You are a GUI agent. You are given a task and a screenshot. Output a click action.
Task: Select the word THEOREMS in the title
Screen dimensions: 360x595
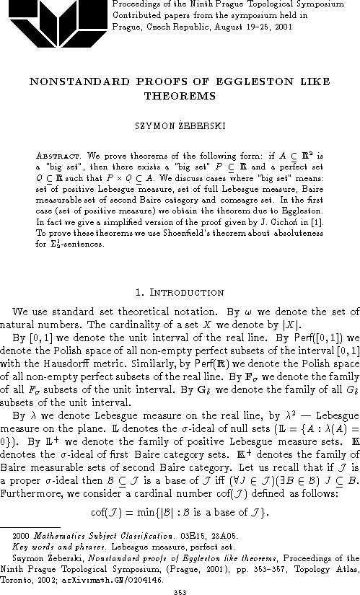[179, 95]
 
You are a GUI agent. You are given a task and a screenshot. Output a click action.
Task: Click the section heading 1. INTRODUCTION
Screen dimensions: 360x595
[180, 293]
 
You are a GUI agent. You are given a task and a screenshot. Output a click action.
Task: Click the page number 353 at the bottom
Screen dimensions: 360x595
[180, 589]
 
